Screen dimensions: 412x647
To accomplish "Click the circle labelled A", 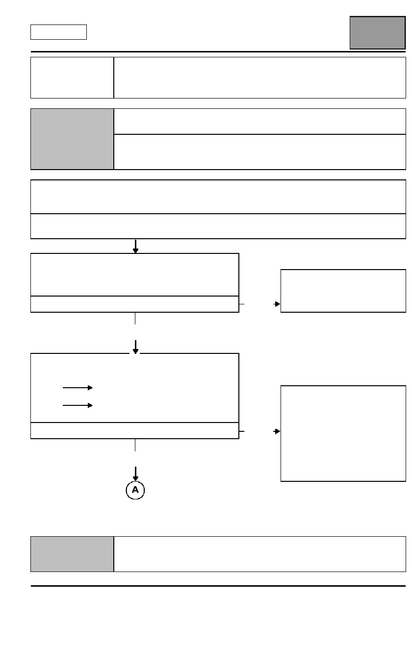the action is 135,490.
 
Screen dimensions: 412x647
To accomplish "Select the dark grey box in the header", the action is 378,33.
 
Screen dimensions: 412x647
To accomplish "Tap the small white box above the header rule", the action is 58,32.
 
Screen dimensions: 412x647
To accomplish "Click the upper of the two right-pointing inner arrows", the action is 77,388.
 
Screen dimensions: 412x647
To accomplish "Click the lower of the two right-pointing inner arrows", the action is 77,405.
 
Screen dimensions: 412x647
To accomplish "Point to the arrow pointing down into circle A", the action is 135,473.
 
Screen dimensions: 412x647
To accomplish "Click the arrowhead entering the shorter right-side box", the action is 277,304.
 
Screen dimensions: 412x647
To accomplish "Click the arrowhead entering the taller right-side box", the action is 277,431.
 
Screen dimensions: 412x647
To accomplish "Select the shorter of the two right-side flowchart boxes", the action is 343,291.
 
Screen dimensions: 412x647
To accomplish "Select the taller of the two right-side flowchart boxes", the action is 343,434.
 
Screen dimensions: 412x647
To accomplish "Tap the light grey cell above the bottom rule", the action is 72,554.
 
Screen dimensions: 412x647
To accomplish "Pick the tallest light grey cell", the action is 72,139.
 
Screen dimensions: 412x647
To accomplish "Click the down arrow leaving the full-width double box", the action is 135,247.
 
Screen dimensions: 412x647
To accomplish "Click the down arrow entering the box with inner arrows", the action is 135,347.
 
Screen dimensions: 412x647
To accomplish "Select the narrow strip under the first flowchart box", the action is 135,304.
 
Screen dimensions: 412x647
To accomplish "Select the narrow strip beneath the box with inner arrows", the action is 135,431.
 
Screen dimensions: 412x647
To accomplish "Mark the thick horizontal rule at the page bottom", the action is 218,586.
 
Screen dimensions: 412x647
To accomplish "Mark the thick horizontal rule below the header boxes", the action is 218,52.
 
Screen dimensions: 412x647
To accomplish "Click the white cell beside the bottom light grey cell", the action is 260,554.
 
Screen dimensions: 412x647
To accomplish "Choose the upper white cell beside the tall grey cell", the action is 260,122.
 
